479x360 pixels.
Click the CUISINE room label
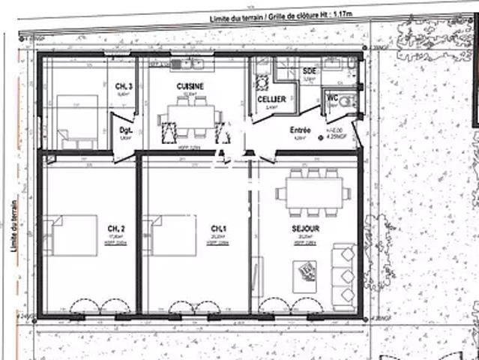pos(190,87)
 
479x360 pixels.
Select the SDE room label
pos(309,71)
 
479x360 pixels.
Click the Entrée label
pos(301,130)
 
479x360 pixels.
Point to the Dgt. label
pos(125,130)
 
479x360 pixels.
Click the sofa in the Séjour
pos(344,274)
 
